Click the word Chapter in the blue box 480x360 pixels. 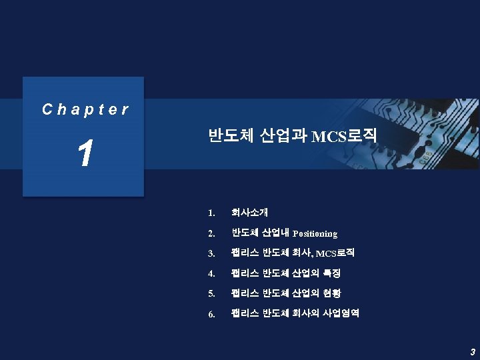(85, 109)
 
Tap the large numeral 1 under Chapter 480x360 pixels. (84, 153)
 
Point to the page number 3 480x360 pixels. (472, 351)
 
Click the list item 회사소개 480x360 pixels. (249, 213)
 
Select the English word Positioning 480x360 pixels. (315, 234)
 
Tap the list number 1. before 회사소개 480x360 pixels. (211, 214)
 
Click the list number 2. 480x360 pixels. (211, 234)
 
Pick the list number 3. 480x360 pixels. (211, 254)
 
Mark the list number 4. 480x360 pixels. (211, 274)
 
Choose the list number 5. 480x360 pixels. (211, 294)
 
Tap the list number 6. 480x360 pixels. (211, 314)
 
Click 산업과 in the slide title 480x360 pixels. (283, 136)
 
